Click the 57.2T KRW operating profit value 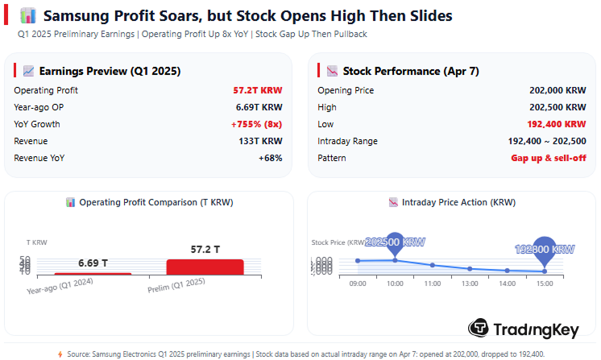(x=263, y=90)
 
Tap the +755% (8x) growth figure (x=256, y=124)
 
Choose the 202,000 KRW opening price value (x=558, y=90)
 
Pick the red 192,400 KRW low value (x=557, y=124)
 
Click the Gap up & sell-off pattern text (x=548, y=158)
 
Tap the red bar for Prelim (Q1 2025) (x=205, y=267)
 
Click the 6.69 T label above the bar (x=93, y=263)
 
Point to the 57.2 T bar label (x=205, y=250)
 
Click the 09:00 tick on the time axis (x=358, y=283)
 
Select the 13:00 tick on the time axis (x=470, y=283)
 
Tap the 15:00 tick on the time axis (x=545, y=283)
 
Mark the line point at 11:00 (x=433, y=265)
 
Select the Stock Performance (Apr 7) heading (x=410, y=71)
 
